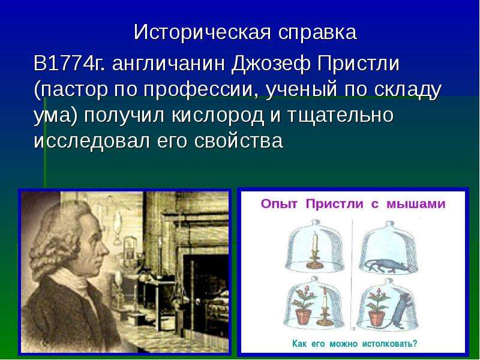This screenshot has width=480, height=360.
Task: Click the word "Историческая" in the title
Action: (x=202, y=32)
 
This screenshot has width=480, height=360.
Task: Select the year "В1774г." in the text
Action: (x=69, y=64)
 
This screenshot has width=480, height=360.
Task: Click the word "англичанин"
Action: (x=169, y=64)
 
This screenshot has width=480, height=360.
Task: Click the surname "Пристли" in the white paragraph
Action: (x=358, y=64)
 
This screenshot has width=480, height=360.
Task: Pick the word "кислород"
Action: (x=218, y=116)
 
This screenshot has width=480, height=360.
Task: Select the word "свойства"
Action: (x=238, y=142)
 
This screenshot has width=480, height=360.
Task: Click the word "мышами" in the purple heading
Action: (x=416, y=204)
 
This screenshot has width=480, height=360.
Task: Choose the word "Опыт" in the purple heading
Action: (x=279, y=204)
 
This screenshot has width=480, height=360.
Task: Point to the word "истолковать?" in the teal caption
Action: (x=389, y=343)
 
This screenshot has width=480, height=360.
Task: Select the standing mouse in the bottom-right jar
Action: (x=400, y=311)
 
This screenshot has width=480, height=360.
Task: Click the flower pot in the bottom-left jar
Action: (x=303, y=317)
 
